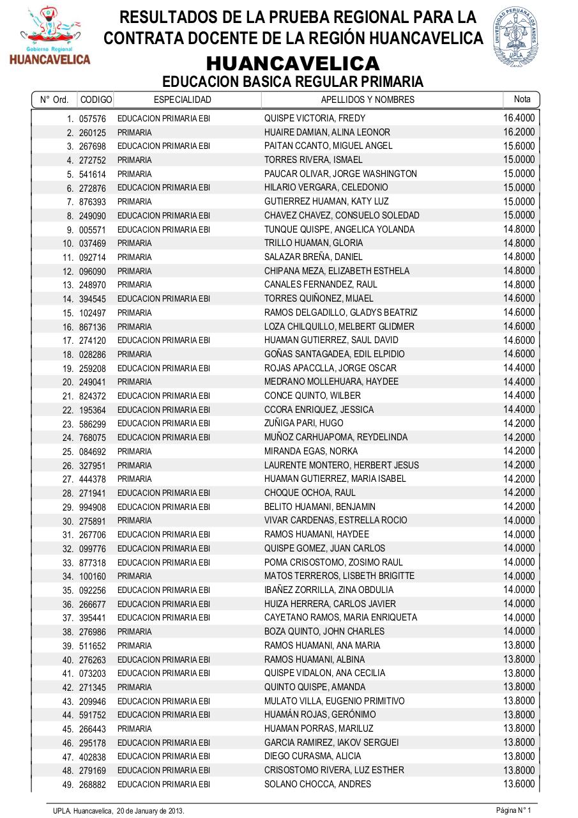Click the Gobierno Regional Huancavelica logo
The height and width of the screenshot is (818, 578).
pos(50,36)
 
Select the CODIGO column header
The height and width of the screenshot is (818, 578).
pos(96,100)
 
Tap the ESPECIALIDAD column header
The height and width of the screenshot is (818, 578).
pos(182,100)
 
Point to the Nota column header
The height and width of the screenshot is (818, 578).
pos(522,99)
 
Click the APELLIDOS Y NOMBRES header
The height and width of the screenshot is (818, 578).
pos(367,100)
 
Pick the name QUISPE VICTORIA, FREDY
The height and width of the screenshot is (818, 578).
pos(315,118)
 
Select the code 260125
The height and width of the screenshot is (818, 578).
pos(93,133)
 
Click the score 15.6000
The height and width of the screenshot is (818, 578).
pos(519,146)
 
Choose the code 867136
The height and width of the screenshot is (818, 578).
pos(93,327)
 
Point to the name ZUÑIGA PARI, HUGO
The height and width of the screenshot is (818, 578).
pos(303,423)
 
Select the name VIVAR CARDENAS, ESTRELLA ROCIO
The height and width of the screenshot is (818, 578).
pos(335,520)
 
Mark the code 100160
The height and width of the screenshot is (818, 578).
pos(93,576)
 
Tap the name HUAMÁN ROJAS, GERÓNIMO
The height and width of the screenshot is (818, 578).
pos(320,714)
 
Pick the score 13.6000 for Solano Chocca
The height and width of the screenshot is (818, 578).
pos(519,783)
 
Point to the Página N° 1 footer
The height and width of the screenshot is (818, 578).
pos(514,810)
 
